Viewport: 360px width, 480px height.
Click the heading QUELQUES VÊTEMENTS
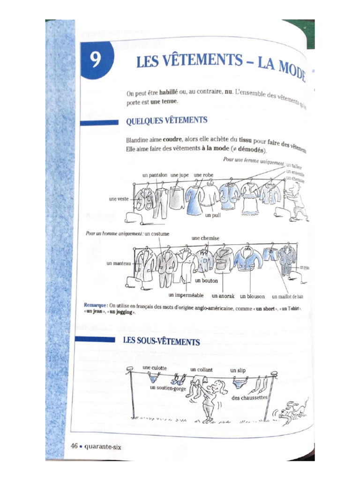tap(166, 121)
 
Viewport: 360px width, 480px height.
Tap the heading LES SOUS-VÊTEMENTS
tap(161, 341)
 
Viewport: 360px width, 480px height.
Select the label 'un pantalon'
tap(156, 175)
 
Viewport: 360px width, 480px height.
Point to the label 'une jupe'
tap(180, 175)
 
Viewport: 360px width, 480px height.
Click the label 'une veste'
tap(119, 199)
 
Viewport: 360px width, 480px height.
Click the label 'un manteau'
tap(119, 263)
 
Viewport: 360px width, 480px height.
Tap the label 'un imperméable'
tap(186, 296)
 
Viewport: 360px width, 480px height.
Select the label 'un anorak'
tap(223, 296)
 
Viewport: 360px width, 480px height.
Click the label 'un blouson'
tap(252, 296)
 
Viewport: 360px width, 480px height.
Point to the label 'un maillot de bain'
tap(287, 296)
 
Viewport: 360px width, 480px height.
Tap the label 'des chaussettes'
tap(249, 397)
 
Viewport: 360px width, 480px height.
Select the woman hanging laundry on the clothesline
tap(210, 399)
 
